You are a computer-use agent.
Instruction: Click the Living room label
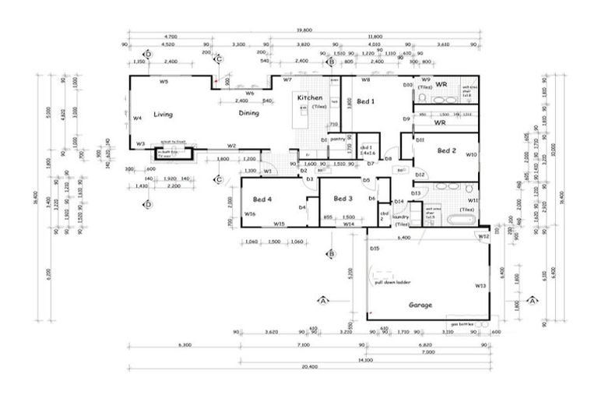click(x=162, y=114)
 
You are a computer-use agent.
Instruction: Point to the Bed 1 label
click(x=365, y=101)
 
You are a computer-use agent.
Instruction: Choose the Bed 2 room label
click(x=446, y=150)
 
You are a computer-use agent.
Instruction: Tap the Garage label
click(x=420, y=305)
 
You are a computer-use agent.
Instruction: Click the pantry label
click(x=337, y=139)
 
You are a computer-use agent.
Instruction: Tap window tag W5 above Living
click(x=164, y=81)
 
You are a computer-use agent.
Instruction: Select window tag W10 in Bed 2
click(x=472, y=155)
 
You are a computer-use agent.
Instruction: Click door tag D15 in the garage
click(x=375, y=249)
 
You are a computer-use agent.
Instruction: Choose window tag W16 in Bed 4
click(x=250, y=214)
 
